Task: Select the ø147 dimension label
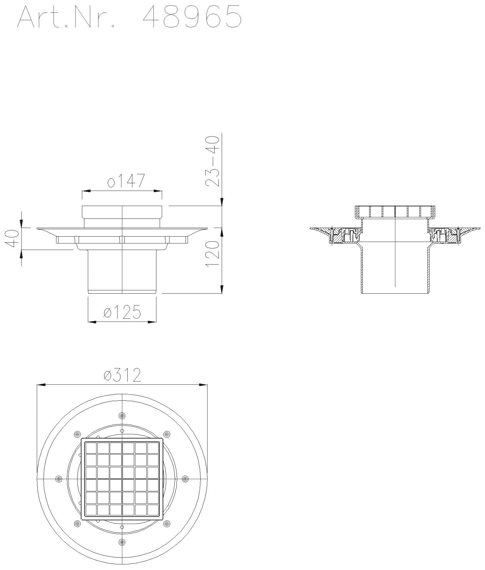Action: pyautogui.click(x=126, y=181)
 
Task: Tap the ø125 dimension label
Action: pyautogui.click(x=122, y=312)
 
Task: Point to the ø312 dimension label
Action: pyautogui.click(x=122, y=375)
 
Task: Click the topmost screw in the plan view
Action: pyautogui.click(x=122, y=415)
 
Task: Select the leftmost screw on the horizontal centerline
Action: pyautogui.click(x=59, y=479)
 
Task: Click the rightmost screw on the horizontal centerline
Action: pyautogui.click(x=185, y=479)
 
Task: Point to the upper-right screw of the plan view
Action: pyautogui.click(x=167, y=434)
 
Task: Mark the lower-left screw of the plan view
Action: pyautogui.click(x=77, y=523)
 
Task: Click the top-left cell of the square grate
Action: pyautogui.click(x=91, y=448)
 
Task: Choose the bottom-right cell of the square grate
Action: pyautogui.click(x=153, y=510)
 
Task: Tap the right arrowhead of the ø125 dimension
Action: pyautogui.click(x=153, y=322)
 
